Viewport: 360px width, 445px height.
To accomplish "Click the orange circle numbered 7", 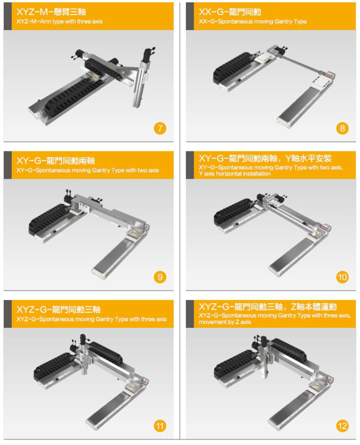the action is pyautogui.click(x=160, y=128).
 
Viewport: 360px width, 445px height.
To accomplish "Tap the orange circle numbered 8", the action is pyautogui.click(x=342, y=128).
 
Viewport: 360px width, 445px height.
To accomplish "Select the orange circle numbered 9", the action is pyautogui.click(x=160, y=277).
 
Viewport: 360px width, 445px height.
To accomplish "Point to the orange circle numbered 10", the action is pyautogui.click(x=342, y=277).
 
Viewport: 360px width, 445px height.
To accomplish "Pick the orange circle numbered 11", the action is pyautogui.click(x=160, y=426).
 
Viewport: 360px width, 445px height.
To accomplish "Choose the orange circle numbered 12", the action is pyautogui.click(x=342, y=426).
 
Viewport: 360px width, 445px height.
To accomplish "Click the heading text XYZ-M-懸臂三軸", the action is pyautogui.click(x=51, y=12).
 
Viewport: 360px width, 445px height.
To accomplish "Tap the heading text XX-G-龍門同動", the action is pyautogui.click(x=230, y=12).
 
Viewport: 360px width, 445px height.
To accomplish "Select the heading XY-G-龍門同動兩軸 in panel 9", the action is pyautogui.click(x=56, y=160).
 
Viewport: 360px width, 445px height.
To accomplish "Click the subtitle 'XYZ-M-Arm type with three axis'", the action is pyautogui.click(x=60, y=21).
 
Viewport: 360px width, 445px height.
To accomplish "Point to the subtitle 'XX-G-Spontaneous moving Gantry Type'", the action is pyautogui.click(x=253, y=21).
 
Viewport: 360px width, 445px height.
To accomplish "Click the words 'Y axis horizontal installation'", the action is pyautogui.click(x=235, y=174).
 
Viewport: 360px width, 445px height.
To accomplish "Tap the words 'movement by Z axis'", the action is pyautogui.click(x=225, y=322).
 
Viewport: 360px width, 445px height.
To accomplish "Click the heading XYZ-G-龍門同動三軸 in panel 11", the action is pyautogui.click(x=58, y=309).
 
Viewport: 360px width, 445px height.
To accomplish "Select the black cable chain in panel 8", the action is pyautogui.click(x=232, y=69).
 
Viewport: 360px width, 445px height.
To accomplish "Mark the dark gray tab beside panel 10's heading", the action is pyautogui.click(x=190, y=165).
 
